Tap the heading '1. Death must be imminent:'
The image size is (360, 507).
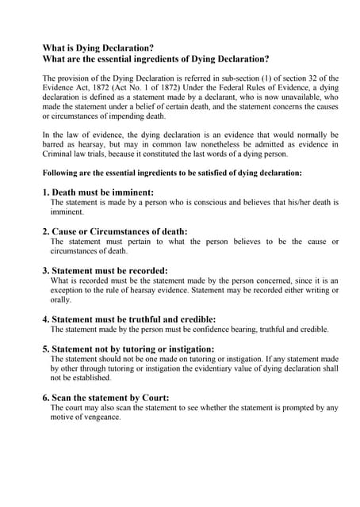(98, 193)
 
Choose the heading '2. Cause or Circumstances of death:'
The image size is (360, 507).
(115, 231)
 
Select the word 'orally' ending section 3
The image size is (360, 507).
(60, 299)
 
